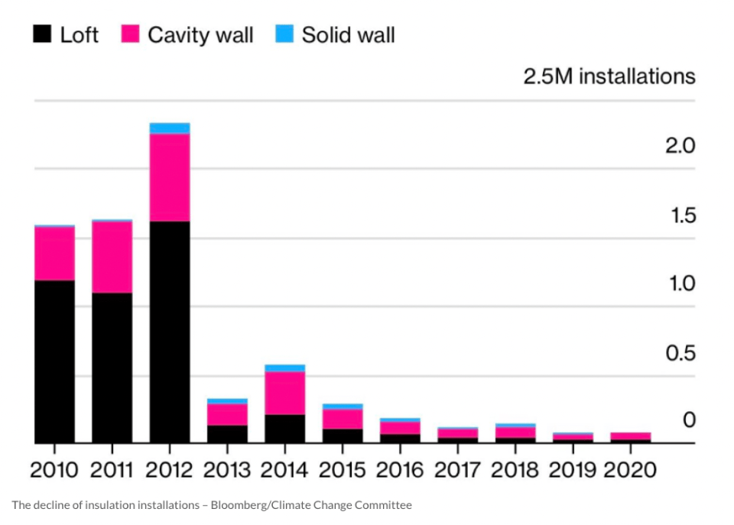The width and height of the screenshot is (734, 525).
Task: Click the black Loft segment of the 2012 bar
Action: (x=170, y=332)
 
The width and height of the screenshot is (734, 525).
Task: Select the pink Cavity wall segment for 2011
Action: (x=112, y=258)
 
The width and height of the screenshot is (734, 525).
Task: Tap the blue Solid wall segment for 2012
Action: (x=170, y=128)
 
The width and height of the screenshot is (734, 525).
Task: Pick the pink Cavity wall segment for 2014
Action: (x=284, y=393)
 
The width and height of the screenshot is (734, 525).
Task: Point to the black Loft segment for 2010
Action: (x=54, y=361)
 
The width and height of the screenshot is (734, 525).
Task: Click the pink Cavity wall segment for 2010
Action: (x=54, y=254)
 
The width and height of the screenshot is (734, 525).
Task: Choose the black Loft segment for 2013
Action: (x=227, y=434)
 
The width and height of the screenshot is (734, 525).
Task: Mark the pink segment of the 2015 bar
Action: (x=343, y=420)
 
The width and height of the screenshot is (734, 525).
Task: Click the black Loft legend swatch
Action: (x=42, y=34)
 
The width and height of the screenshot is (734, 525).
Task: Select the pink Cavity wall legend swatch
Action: (x=130, y=34)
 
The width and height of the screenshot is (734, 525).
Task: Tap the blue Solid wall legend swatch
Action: (x=284, y=34)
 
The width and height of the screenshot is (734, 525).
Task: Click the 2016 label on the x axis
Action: (x=400, y=470)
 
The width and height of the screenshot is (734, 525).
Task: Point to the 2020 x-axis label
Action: (x=630, y=470)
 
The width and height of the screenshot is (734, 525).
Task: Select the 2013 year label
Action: (x=227, y=470)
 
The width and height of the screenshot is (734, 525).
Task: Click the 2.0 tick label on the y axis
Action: (x=680, y=146)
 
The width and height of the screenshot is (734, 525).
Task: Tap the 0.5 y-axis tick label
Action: (x=680, y=353)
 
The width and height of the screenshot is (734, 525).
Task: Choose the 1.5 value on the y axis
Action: (x=683, y=216)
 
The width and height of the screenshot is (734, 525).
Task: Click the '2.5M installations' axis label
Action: (x=609, y=76)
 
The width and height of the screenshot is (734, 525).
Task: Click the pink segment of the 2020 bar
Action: (x=631, y=436)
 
